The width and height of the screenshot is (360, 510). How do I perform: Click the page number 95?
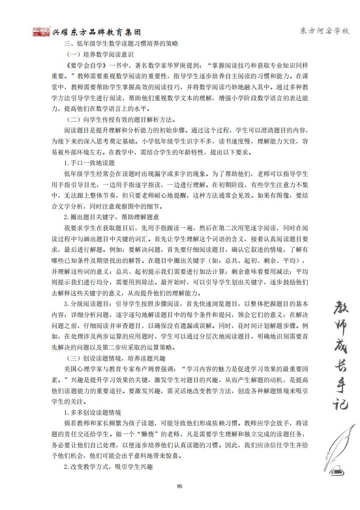[179, 486]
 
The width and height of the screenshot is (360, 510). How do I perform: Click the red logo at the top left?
[41, 32]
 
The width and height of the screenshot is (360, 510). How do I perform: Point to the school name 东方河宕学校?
[324, 31]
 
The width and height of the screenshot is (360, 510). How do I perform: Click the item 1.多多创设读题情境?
[92, 412]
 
